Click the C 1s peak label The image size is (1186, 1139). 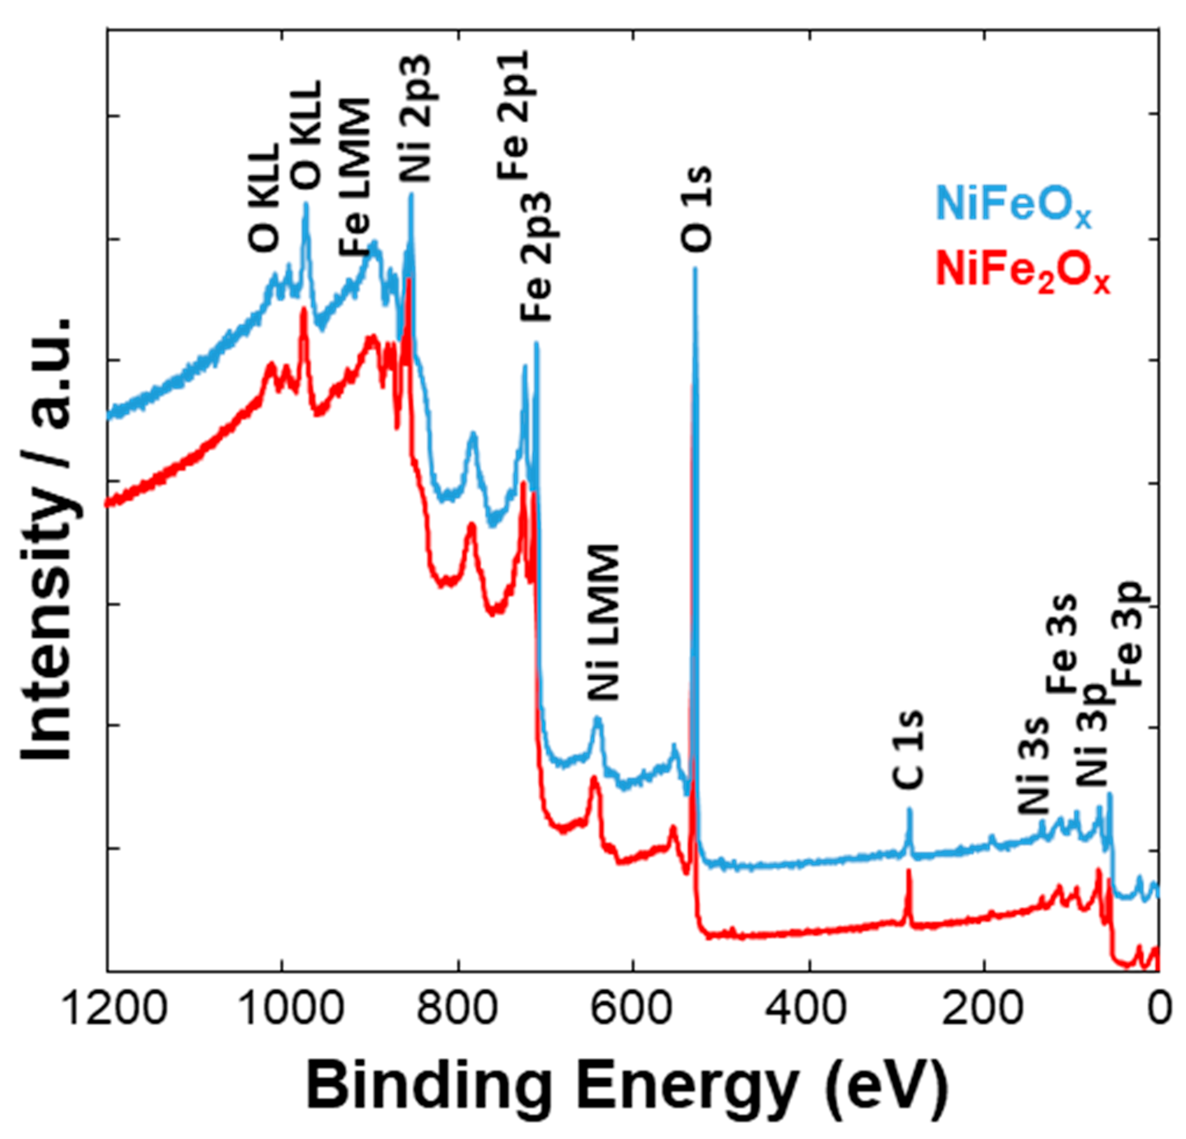908,750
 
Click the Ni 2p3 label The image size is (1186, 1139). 415,117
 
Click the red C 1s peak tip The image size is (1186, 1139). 908,871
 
